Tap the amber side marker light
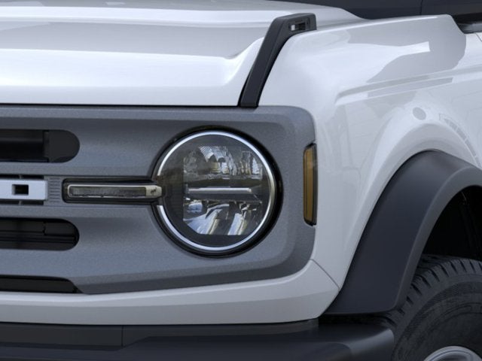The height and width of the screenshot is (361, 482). tap(310, 184)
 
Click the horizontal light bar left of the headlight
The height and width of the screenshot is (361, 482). tap(113, 191)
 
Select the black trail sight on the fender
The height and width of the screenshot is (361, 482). tap(275, 56)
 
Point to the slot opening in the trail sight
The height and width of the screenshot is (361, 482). tap(297, 26)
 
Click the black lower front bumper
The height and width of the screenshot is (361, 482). tap(188, 342)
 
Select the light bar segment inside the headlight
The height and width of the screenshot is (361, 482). tap(218, 191)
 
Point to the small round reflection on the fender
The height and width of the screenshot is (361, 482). tap(419, 114)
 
